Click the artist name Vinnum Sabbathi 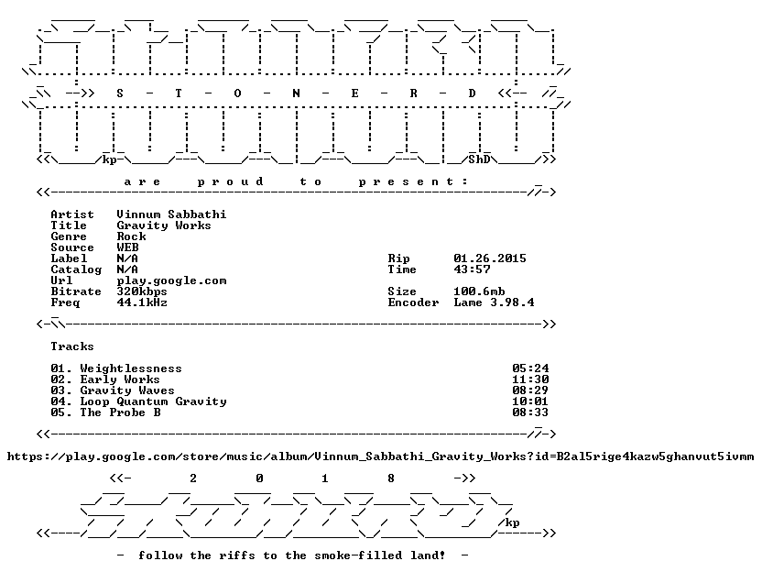[171, 214]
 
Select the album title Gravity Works [164, 225]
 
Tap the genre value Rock [131, 236]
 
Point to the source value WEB [127, 247]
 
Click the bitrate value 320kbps [142, 291]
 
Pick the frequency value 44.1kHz [142, 302]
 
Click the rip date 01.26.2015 [490, 258]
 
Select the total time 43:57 [472, 269]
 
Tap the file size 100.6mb [479, 291]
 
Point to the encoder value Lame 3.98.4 [494, 302]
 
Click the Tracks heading [72, 346]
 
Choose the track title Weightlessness [131, 368]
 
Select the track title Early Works [120, 379]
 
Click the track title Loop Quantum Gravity [153, 401]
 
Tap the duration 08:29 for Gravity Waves [530, 390]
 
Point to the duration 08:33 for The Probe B [530, 412]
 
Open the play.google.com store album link [380, 456]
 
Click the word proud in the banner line [231, 181]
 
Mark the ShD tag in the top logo [479, 159]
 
